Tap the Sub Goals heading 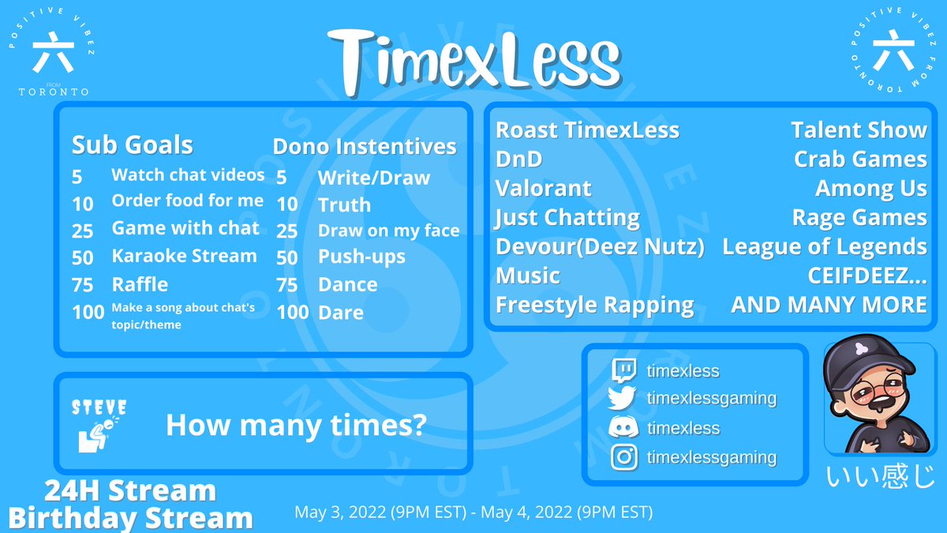(x=133, y=145)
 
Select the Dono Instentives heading (x=365, y=146)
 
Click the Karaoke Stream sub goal (x=184, y=256)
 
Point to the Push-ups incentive (x=361, y=257)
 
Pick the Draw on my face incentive (x=388, y=231)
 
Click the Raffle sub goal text (x=140, y=284)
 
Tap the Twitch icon (x=623, y=370)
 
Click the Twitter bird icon (x=623, y=399)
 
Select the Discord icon (x=623, y=428)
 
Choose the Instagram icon (x=623, y=457)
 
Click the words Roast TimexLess (x=587, y=130)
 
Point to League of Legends (x=824, y=246)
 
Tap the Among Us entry (x=870, y=188)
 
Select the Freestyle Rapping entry (x=594, y=305)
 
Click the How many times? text (x=296, y=426)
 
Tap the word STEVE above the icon (x=99, y=407)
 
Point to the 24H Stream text (x=130, y=491)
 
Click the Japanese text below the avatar (x=880, y=478)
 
